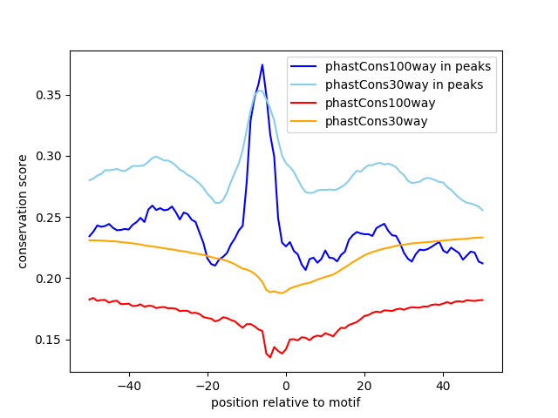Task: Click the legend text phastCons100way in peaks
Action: [x=408, y=66]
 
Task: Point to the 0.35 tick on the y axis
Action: [x=51, y=95]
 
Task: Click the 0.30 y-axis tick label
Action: [x=51, y=156]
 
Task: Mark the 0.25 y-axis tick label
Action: [x=51, y=217]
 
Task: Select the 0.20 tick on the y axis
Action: [x=51, y=279]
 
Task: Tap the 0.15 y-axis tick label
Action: [x=51, y=340]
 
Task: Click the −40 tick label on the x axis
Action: [x=128, y=386]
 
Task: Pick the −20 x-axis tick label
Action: [x=207, y=386]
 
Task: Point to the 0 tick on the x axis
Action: [x=286, y=386]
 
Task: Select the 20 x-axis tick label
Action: [x=364, y=386]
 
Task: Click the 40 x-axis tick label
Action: [x=443, y=386]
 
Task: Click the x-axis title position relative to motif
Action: [x=285, y=402]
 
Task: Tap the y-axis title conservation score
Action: [x=23, y=212]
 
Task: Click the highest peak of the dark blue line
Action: [x=262, y=64]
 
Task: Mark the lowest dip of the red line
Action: [x=269, y=356]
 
